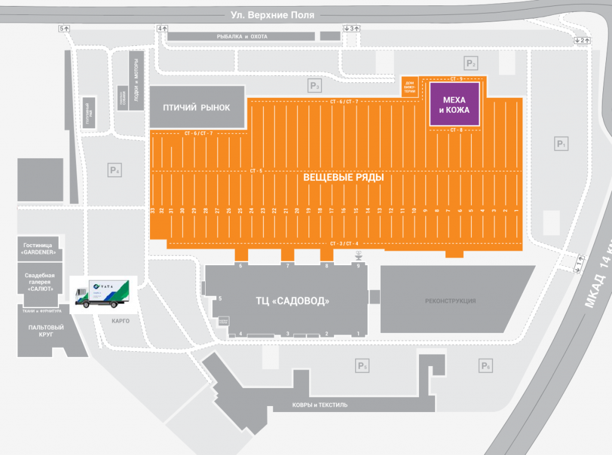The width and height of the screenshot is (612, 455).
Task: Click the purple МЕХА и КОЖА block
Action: [x=455, y=104]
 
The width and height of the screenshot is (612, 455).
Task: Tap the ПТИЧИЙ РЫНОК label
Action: [x=197, y=107]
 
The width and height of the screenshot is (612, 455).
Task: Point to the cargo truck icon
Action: [x=103, y=294]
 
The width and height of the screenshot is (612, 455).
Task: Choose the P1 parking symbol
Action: [x=561, y=144]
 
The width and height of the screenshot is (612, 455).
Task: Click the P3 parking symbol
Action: [x=315, y=87]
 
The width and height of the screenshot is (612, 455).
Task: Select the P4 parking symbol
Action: [x=115, y=170]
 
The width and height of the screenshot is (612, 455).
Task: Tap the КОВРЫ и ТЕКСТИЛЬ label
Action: [x=320, y=405]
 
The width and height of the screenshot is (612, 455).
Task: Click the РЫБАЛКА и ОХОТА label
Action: [x=242, y=36]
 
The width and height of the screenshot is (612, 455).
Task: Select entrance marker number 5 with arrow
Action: [x=65, y=28]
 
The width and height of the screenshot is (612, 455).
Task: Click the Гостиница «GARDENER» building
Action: [x=40, y=249]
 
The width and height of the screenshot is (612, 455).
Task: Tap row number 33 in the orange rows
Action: [x=154, y=211]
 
